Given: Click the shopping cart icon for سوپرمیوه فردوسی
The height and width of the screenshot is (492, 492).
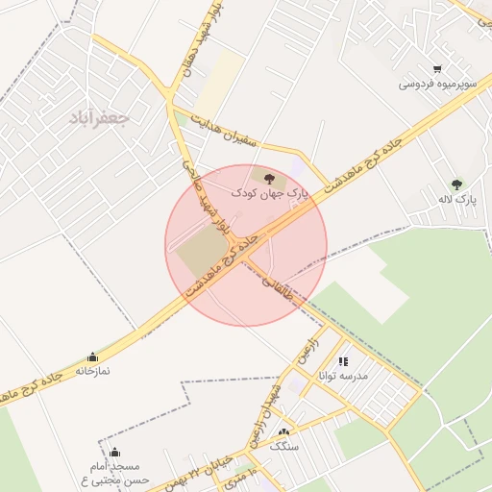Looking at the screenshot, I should (437, 69).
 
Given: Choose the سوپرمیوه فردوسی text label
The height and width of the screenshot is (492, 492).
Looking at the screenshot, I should (437, 84).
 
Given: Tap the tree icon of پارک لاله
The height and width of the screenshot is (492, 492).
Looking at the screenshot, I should (456, 184).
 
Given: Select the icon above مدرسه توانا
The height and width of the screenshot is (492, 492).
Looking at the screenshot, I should (343, 361).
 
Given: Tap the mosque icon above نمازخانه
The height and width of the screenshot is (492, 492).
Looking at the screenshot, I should (92, 357).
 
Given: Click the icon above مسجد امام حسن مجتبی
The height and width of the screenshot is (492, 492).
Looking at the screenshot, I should (114, 452).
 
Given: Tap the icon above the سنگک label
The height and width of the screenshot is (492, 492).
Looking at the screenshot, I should (283, 431).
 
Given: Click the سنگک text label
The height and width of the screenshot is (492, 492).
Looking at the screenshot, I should (283, 446).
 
